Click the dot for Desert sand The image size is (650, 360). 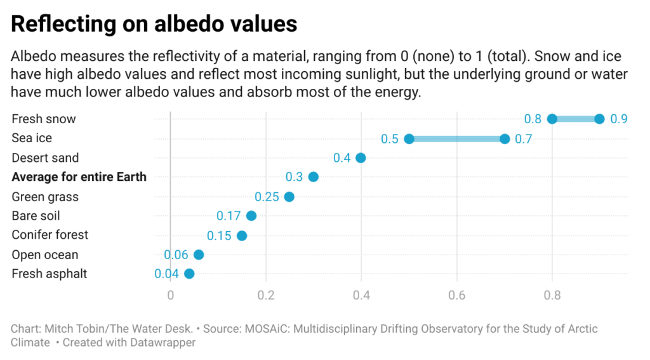361,157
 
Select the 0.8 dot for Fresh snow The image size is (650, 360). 552,119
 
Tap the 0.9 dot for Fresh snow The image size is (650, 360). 599,119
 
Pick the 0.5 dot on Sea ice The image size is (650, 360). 409,138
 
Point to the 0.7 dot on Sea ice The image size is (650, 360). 505,138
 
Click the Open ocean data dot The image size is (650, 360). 199,255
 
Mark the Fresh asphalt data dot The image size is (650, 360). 189,274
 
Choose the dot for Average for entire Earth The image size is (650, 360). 313,177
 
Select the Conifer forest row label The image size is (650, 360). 50,235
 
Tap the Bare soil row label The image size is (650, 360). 36,216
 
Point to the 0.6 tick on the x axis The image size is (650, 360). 456,295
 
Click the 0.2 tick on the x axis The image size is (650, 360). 266,295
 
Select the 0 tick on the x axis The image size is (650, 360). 170,295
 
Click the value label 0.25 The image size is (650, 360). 267,197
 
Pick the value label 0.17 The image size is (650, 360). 229,216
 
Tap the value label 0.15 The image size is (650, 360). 219,236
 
